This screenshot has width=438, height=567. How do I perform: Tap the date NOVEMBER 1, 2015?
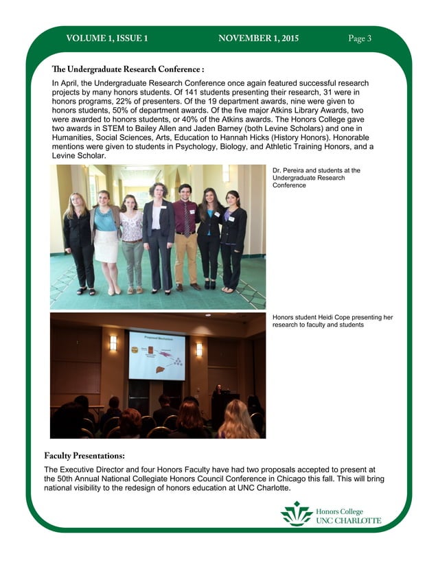coord(258,38)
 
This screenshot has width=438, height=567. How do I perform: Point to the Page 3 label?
coord(360,38)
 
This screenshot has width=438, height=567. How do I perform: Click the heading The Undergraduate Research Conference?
coord(128,69)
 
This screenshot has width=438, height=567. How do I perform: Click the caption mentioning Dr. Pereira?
coord(316,177)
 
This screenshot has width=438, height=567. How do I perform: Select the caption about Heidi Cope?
coord(332,321)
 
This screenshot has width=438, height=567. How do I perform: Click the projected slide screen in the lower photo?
coord(157,355)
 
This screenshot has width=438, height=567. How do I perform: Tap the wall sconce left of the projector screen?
coord(113,343)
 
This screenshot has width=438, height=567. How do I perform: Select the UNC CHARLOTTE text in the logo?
coord(348,521)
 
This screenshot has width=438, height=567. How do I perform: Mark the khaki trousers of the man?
coord(185,257)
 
